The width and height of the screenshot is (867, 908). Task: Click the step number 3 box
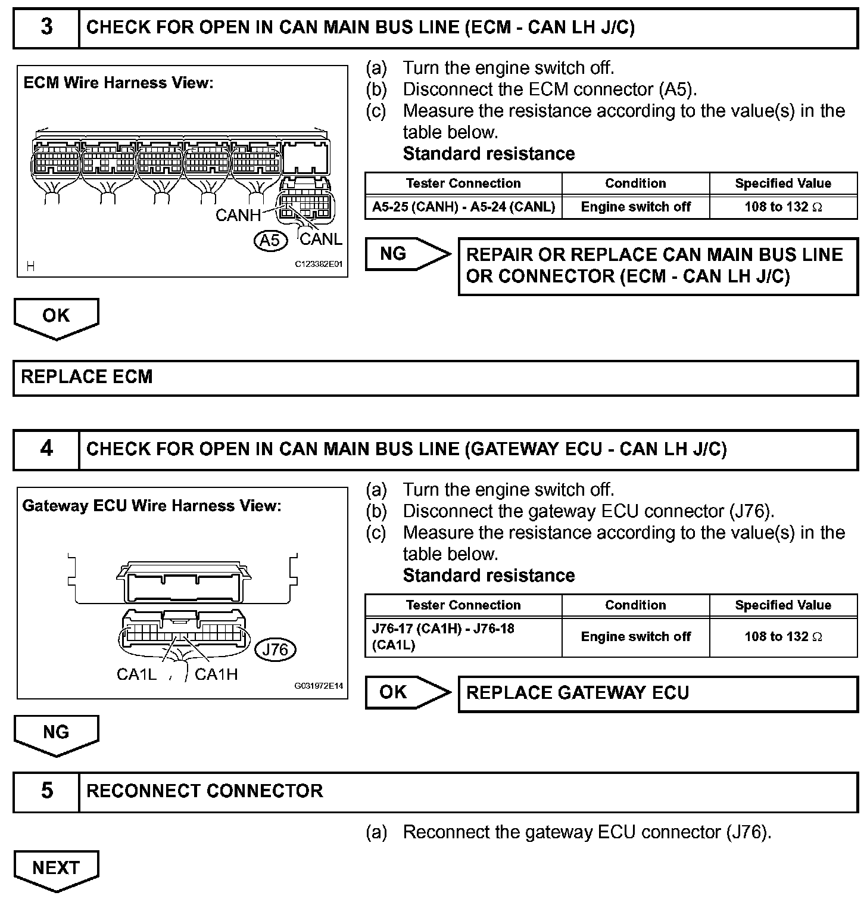coord(46,27)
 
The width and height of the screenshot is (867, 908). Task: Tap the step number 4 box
coord(46,449)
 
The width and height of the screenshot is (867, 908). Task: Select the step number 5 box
coord(46,791)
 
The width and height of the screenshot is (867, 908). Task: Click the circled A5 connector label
coord(270,240)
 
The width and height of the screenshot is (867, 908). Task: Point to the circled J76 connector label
coord(275,649)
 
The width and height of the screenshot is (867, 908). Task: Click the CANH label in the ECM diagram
coord(238,215)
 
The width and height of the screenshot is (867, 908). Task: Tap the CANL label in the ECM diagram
coord(321,240)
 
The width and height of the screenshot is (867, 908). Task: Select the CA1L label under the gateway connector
coord(136,674)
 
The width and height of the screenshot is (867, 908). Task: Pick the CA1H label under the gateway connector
coord(216,674)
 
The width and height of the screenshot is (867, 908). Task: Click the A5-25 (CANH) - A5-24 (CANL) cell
coord(463,207)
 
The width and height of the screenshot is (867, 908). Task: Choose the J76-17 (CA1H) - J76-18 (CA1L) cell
coord(463,637)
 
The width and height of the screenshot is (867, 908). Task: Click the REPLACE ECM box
coord(435,377)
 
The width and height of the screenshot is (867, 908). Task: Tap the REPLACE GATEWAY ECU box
coord(657,693)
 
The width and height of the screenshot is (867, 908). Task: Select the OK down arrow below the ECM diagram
coord(56,317)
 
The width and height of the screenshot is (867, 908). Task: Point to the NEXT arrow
coord(56,870)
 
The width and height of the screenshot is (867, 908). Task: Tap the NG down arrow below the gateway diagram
coord(56,734)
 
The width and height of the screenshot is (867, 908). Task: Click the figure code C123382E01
coord(319,263)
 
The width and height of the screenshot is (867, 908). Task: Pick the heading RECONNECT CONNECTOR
coord(205,791)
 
